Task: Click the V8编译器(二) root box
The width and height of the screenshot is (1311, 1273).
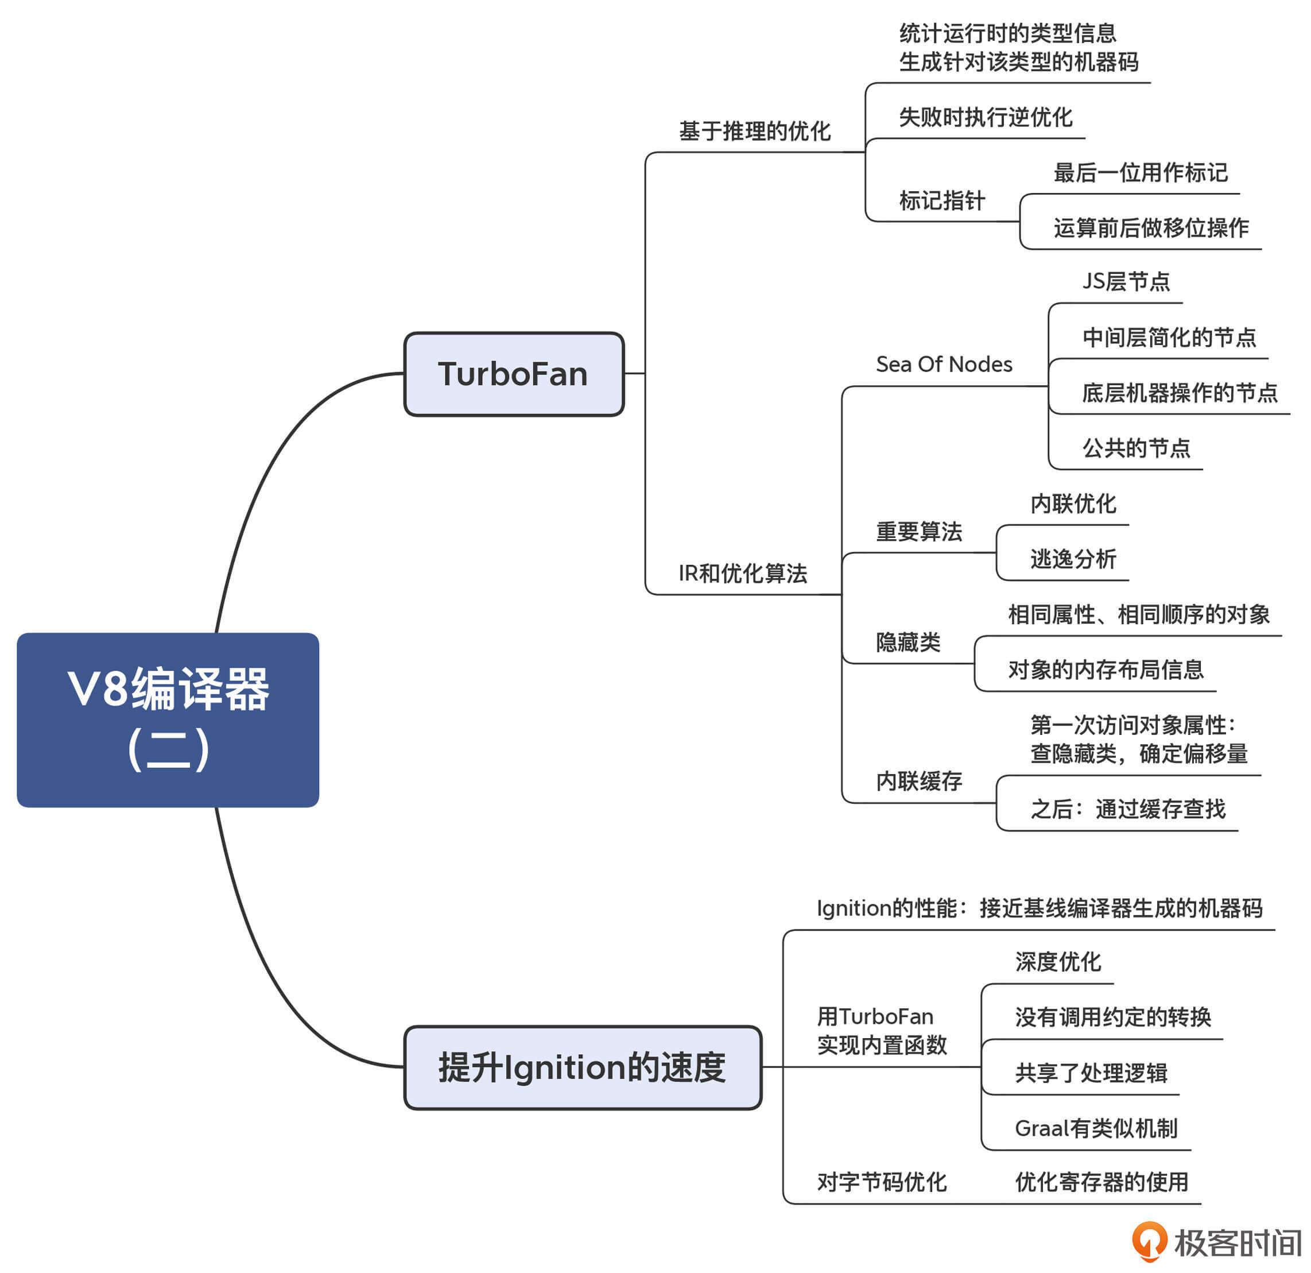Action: tap(168, 720)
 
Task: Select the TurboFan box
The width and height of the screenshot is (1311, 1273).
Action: tap(514, 374)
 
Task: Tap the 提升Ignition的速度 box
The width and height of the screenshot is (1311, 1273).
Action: tap(583, 1067)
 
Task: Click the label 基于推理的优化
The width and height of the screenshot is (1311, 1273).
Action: tap(754, 131)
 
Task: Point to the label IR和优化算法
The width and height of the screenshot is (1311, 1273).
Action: tap(742, 573)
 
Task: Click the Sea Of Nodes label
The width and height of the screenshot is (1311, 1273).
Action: tap(944, 365)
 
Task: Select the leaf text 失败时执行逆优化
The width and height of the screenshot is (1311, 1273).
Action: tap(985, 118)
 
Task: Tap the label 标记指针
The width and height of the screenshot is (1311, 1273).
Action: tap(942, 201)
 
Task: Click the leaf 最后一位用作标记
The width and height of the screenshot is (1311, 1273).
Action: tap(1141, 173)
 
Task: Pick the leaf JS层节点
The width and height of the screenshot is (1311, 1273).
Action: tap(1126, 281)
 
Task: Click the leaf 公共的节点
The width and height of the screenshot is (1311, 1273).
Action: tap(1137, 448)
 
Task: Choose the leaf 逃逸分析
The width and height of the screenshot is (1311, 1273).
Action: tap(1073, 559)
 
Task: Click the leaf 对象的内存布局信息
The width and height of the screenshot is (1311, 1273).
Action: tap(1106, 670)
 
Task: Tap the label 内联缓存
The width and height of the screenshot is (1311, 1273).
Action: tap(919, 781)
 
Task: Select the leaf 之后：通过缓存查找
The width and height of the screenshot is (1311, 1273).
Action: tap(1128, 810)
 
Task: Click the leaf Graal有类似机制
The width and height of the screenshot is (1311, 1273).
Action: tap(1096, 1129)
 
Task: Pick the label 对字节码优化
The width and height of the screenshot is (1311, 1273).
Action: tap(882, 1183)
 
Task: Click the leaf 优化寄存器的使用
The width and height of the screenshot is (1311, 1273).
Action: tap(1101, 1183)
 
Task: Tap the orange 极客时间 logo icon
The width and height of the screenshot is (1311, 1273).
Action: tap(1149, 1241)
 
